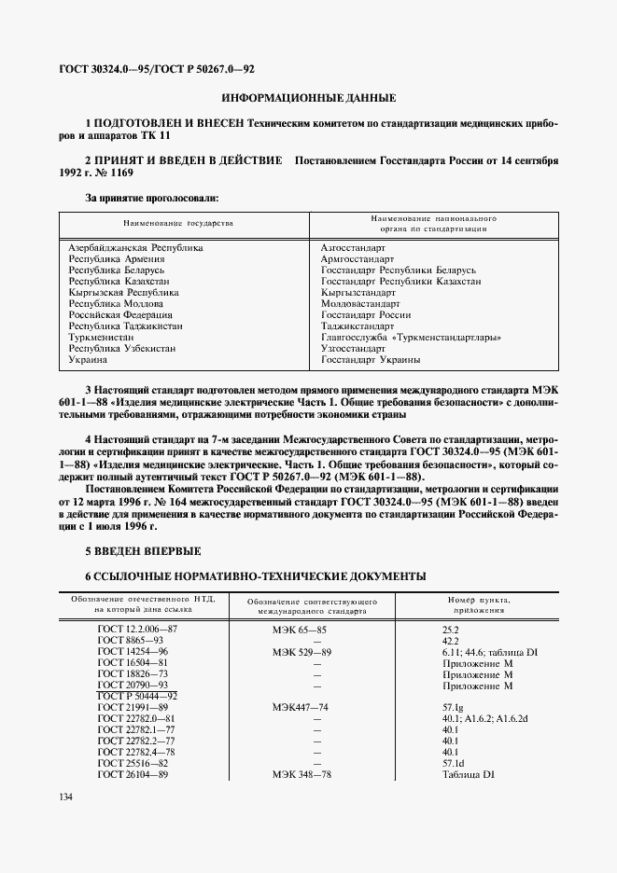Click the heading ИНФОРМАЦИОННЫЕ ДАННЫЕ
(x=308, y=98)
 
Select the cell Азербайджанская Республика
(x=136, y=248)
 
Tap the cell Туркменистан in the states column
(x=101, y=337)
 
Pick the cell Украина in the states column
(x=88, y=359)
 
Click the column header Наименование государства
(x=178, y=223)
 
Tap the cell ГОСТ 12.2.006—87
(x=137, y=630)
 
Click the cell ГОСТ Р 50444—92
(x=137, y=697)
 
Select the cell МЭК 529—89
(x=301, y=653)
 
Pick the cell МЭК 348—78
(x=301, y=774)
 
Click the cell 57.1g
(x=455, y=708)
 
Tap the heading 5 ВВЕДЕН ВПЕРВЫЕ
(x=142, y=551)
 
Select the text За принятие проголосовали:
(x=152, y=198)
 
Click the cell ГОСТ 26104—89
(x=133, y=774)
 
